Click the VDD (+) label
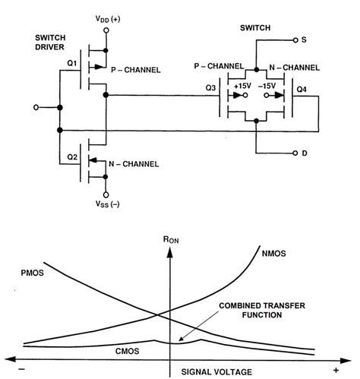point(106,17)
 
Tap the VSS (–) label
point(106,205)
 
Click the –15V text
point(267,87)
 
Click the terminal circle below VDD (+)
point(106,30)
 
